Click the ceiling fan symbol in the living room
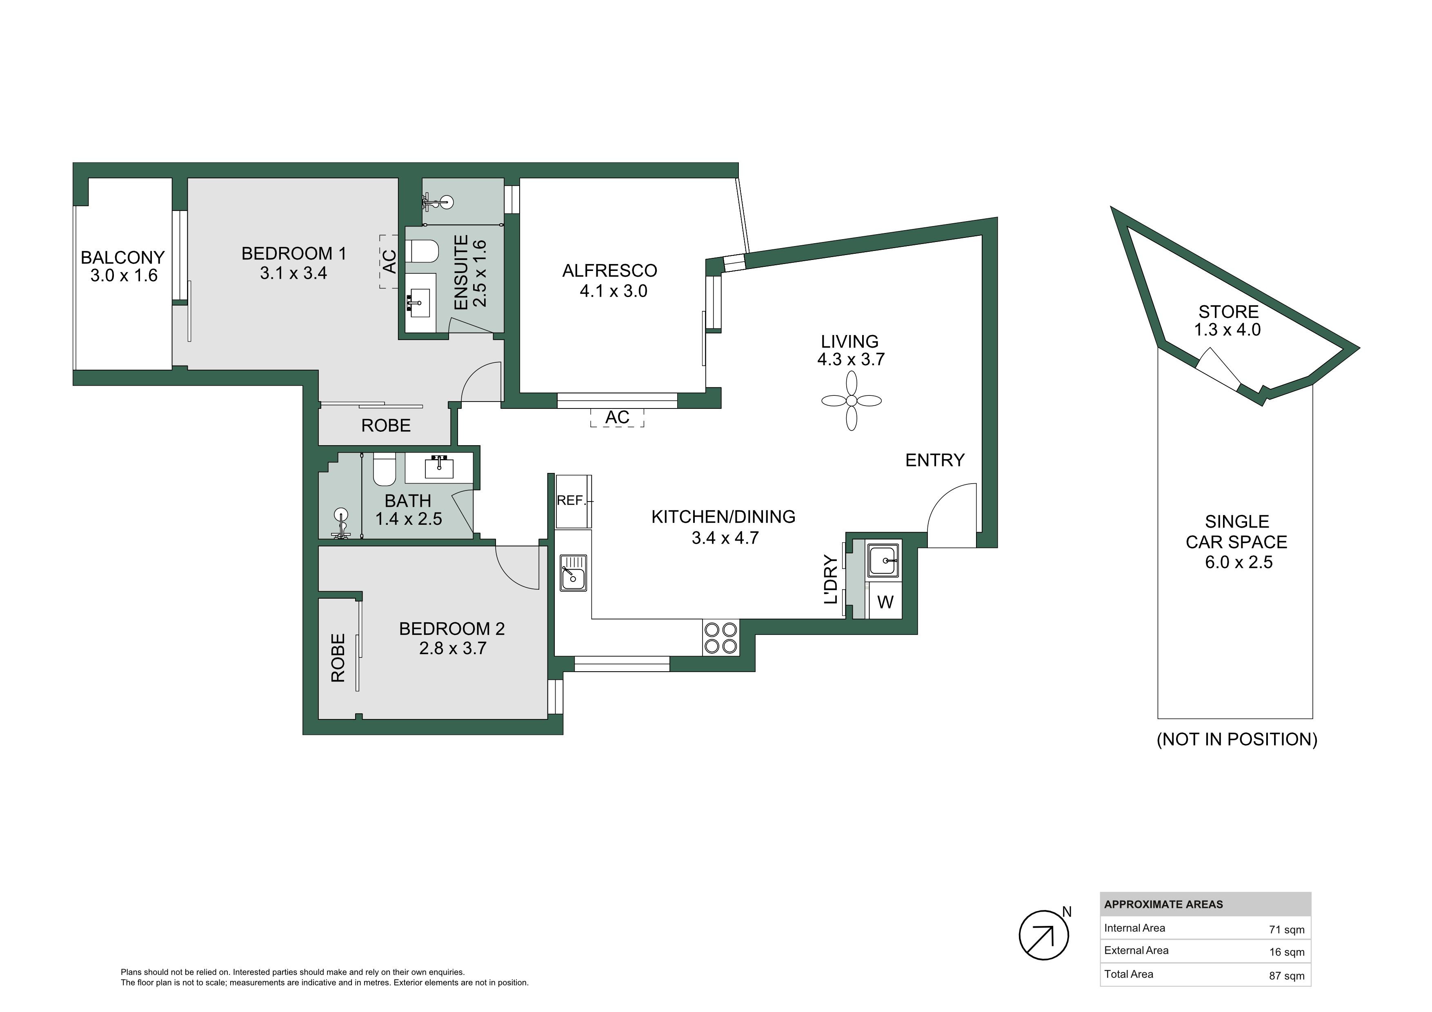pyautogui.click(x=852, y=401)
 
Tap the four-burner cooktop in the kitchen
pyautogui.click(x=720, y=637)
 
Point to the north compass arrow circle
pyautogui.click(x=1043, y=935)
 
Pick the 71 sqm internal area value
pyautogui.click(x=1287, y=930)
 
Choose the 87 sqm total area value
pyautogui.click(x=1287, y=976)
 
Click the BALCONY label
pyautogui.click(x=123, y=257)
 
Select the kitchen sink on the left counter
pyautogui.click(x=573, y=573)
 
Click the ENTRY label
pyautogui.click(x=935, y=460)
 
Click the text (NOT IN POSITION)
pyautogui.click(x=1237, y=739)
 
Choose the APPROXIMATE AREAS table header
pyautogui.click(x=1164, y=905)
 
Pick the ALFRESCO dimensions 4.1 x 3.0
pyautogui.click(x=614, y=291)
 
